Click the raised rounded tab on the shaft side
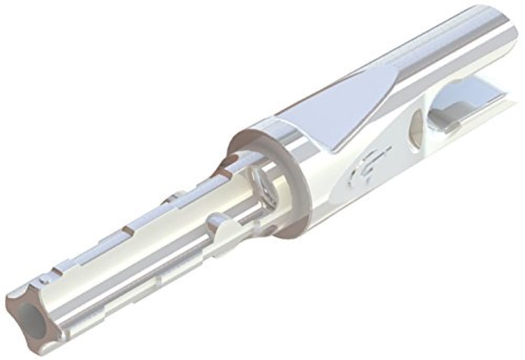coord(221,225)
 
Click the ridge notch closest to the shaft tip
coord(60,268)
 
